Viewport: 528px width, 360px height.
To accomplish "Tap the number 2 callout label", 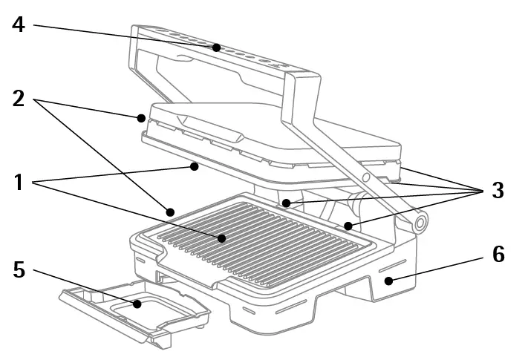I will (19, 98).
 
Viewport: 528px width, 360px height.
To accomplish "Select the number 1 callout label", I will (19, 181).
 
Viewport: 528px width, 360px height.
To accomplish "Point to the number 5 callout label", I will (19, 270).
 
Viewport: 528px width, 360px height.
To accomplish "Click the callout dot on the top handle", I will (216, 48).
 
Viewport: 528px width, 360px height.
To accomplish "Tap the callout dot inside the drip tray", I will (137, 303).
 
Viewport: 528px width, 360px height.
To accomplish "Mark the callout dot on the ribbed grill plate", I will (222, 238).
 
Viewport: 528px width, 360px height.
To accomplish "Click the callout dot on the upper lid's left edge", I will (140, 117).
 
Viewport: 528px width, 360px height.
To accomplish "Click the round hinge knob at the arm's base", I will (420, 223).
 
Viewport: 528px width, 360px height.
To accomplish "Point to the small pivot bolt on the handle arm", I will (365, 177).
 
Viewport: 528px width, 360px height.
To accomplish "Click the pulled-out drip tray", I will (134, 312).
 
